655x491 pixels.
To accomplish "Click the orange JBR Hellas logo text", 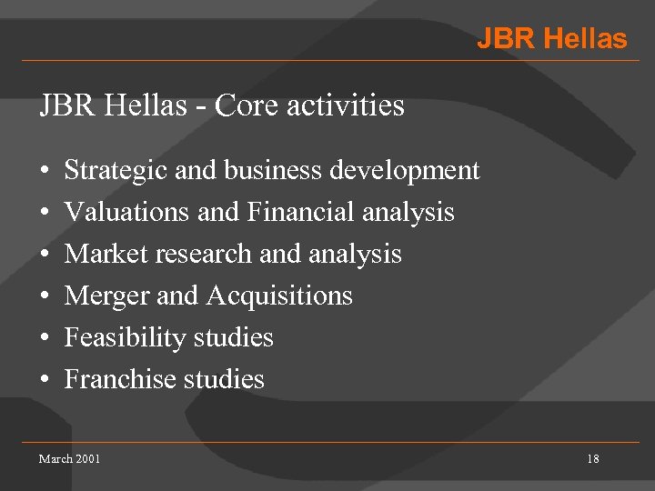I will pos(551,39).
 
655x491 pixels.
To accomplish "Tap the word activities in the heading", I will pos(346,106).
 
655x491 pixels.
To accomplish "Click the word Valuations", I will pos(127,212).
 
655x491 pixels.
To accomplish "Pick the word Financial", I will pos(300,212).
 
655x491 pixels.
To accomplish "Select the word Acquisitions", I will pos(279,296).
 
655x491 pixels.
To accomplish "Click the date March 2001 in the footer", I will pos(69,459).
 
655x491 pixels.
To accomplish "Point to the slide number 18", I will pos(592,459).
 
